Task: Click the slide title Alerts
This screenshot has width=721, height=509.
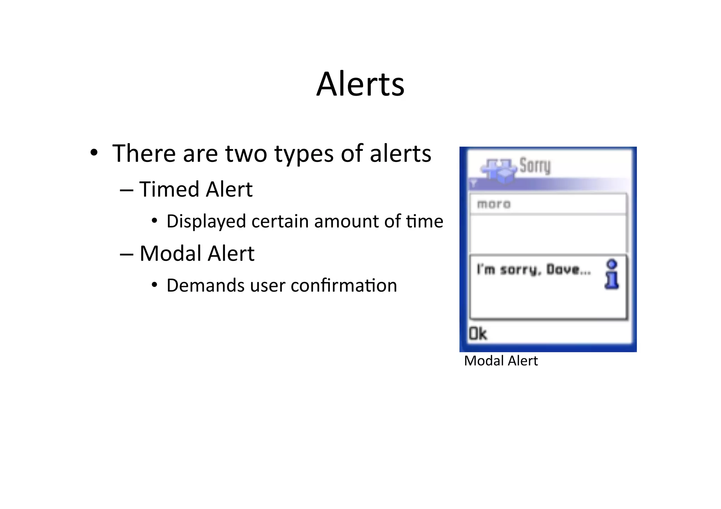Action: [x=360, y=84]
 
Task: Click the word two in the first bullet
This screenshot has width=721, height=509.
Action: [x=246, y=154]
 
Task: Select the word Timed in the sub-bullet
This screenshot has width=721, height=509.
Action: [x=169, y=189]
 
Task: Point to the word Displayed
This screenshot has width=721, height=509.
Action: [x=206, y=222]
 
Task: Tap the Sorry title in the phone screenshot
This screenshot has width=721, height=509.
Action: [x=535, y=166]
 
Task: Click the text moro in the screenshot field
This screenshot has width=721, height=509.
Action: [x=494, y=204]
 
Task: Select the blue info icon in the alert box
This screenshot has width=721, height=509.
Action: [x=612, y=274]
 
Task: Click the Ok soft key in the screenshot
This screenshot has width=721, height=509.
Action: [x=478, y=333]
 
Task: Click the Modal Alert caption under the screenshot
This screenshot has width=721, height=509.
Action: [x=501, y=361]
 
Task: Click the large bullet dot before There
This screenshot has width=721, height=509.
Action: [x=94, y=153]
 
